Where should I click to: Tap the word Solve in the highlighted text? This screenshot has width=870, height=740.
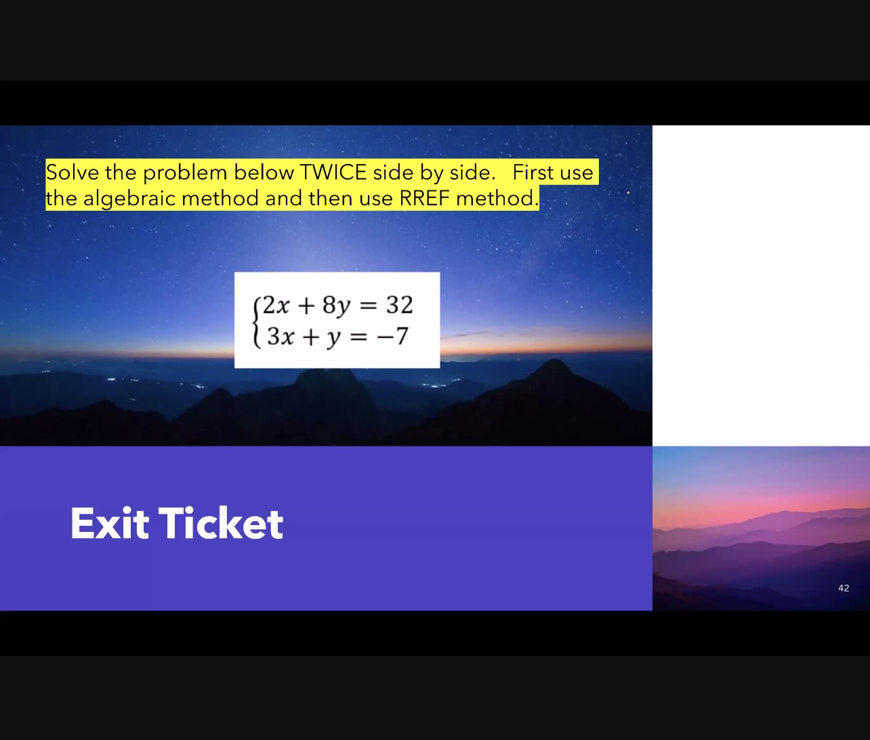click(x=72, y=172)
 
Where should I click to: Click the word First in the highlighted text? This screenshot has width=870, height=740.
click(x=533, y=172)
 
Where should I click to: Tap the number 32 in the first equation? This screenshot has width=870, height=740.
click(x=399, y=305)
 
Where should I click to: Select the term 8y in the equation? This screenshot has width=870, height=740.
click(x=336, y=306)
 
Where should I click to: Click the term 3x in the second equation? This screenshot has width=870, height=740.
click(x=281, y=335)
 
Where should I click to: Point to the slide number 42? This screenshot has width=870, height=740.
click(x=844, y=588)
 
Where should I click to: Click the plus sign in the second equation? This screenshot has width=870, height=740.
click(x=310, y=336)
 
